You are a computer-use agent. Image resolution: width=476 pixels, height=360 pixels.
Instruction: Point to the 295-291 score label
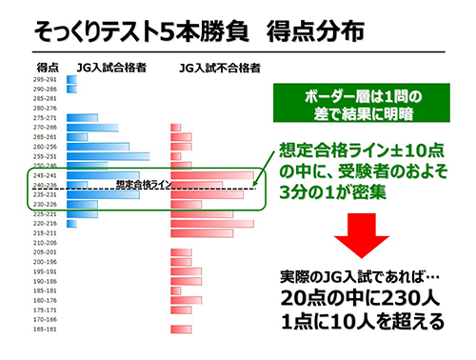(x=46, y=79)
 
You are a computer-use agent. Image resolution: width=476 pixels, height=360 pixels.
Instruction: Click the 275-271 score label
(x=46, y=117)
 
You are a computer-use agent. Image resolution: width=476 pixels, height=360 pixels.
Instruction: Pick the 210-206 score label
(x=46, y=242)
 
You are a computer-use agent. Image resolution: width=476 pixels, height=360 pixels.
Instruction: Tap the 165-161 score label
(x=46, y=329)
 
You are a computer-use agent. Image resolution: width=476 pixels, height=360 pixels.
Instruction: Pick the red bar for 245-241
(x=212, y=174)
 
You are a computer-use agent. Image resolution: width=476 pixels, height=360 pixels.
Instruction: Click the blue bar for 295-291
(x=74, y=79)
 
